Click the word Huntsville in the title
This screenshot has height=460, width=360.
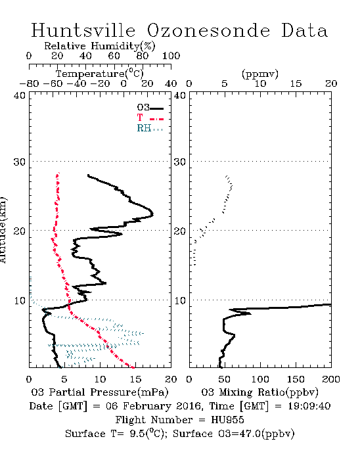(x=83, y=30)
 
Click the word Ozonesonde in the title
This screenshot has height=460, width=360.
(x=208, y=30)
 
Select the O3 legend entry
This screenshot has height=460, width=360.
(x=150, y=108)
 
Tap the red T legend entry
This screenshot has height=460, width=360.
(x=150, y=118)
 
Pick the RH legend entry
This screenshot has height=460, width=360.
(x=150, y=128)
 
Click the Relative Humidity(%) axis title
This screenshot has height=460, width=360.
(x=100, y=46)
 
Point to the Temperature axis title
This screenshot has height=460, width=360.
(x=100, y=74)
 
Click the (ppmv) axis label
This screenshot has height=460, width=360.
(x=260, y=74)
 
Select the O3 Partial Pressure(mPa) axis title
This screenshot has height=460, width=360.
(x=100, y=392)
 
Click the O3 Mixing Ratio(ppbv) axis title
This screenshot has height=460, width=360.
(x=259, y=392)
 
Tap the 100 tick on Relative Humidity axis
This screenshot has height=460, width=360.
(x=171, y=56)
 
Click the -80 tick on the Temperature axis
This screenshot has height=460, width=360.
(x=29, y=83)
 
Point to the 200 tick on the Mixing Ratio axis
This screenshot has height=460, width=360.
(x=331, y=379)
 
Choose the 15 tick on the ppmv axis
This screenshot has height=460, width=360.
(x=296, y=83)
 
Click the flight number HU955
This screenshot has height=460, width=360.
(x=227, y=419)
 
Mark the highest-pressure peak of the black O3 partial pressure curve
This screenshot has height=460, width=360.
(x=152, y=214)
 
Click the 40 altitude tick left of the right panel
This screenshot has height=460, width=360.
(x=180, y=95)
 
